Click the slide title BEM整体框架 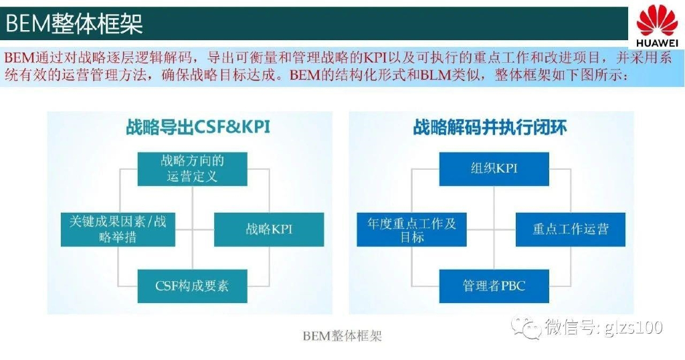point(74,24)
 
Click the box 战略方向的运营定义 point(193,169)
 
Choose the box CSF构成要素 point(193,286)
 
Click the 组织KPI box point(494,169)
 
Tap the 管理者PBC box point(494,286)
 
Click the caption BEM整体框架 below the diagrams point(342,336)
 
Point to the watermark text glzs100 point(635,328)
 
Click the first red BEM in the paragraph point(19,58)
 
